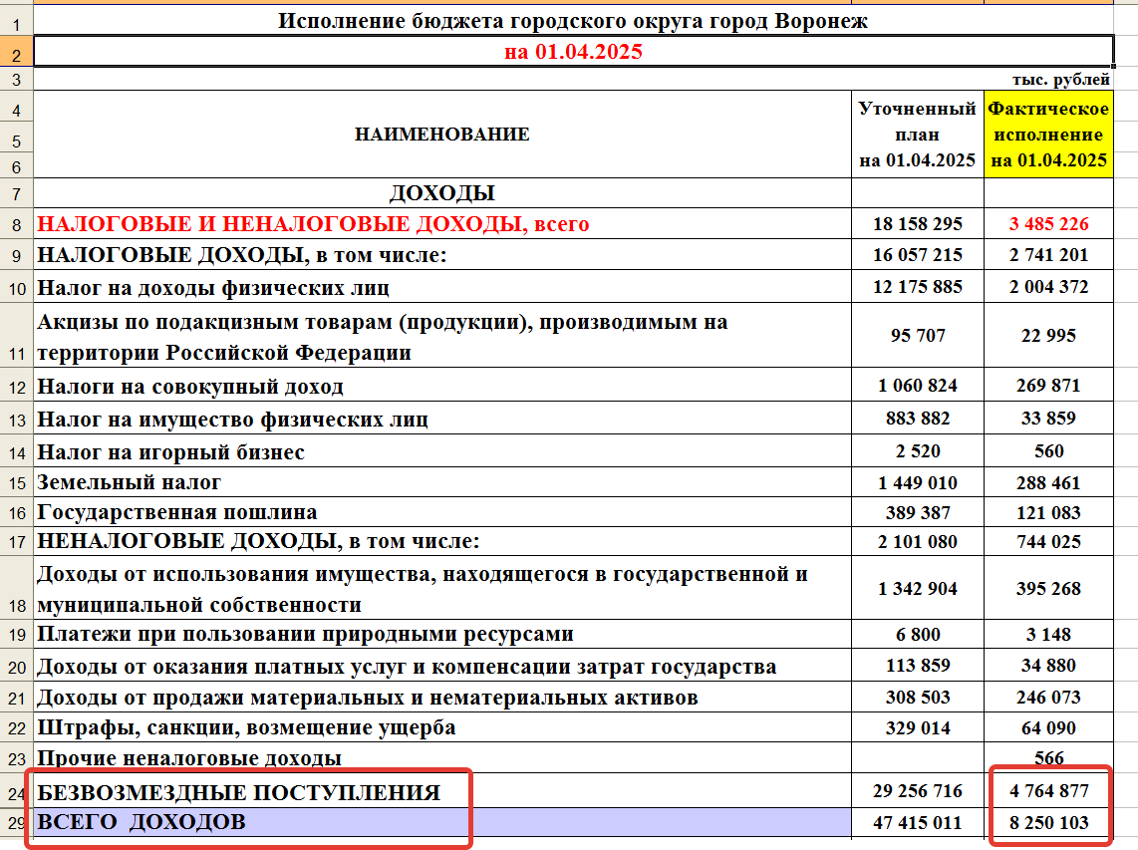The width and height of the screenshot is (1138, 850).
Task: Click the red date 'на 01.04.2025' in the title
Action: [x=573, y=52]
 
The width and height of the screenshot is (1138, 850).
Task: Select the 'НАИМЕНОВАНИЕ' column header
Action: [x=441, y=134]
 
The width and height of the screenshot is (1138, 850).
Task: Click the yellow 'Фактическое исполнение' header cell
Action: [x=1048, y=134]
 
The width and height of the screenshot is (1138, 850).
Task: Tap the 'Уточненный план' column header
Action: [x=917, y=134]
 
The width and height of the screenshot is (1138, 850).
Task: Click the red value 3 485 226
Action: [x=1048, y=224]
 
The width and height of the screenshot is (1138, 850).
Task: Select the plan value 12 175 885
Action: [x=917, y=287]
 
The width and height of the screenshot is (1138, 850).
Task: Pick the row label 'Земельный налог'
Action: [x=130, y=482]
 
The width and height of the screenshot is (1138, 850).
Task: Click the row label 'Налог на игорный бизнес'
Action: [x=170, y=451]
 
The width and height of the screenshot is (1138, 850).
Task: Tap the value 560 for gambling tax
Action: [x=1048, y=450]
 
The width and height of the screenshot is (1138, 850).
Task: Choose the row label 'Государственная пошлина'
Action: [x=177, y=512]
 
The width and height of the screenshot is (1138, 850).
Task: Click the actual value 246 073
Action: [x=1048, y=697]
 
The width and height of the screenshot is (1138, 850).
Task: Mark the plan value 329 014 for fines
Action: [x=917, y=727]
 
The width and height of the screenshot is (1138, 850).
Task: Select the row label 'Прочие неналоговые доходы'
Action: [x=189, y=758]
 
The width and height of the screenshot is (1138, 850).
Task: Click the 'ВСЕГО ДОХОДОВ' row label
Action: [x=141, y=822]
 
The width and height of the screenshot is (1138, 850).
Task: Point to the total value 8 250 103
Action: [x=1048, y=823]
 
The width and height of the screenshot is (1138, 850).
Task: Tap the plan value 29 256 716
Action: [x=917, y=791]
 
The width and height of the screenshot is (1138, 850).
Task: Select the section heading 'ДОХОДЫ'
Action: [x=441, y=193]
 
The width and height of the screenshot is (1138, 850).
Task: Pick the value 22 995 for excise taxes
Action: [x=1048, y=336]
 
